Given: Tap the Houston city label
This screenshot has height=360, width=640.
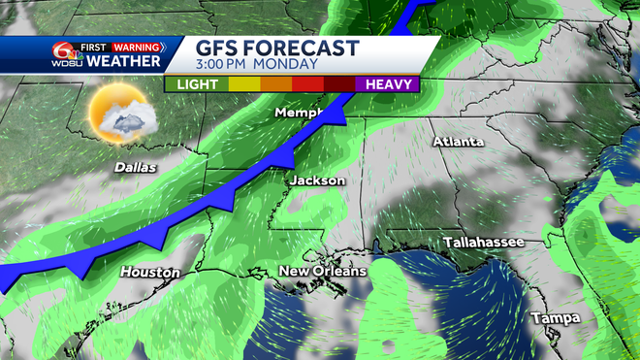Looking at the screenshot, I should tap(150, 273).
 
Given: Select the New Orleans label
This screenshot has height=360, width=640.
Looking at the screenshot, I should tap(323, 271).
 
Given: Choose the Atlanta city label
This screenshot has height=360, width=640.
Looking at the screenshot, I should tap(458, 142).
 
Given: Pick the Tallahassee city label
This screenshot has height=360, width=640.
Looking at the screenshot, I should tap(483, 241).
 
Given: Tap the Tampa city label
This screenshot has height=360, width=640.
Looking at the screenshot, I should tap(555, 318).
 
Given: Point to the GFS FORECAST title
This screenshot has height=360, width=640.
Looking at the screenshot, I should tap(277, 49).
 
